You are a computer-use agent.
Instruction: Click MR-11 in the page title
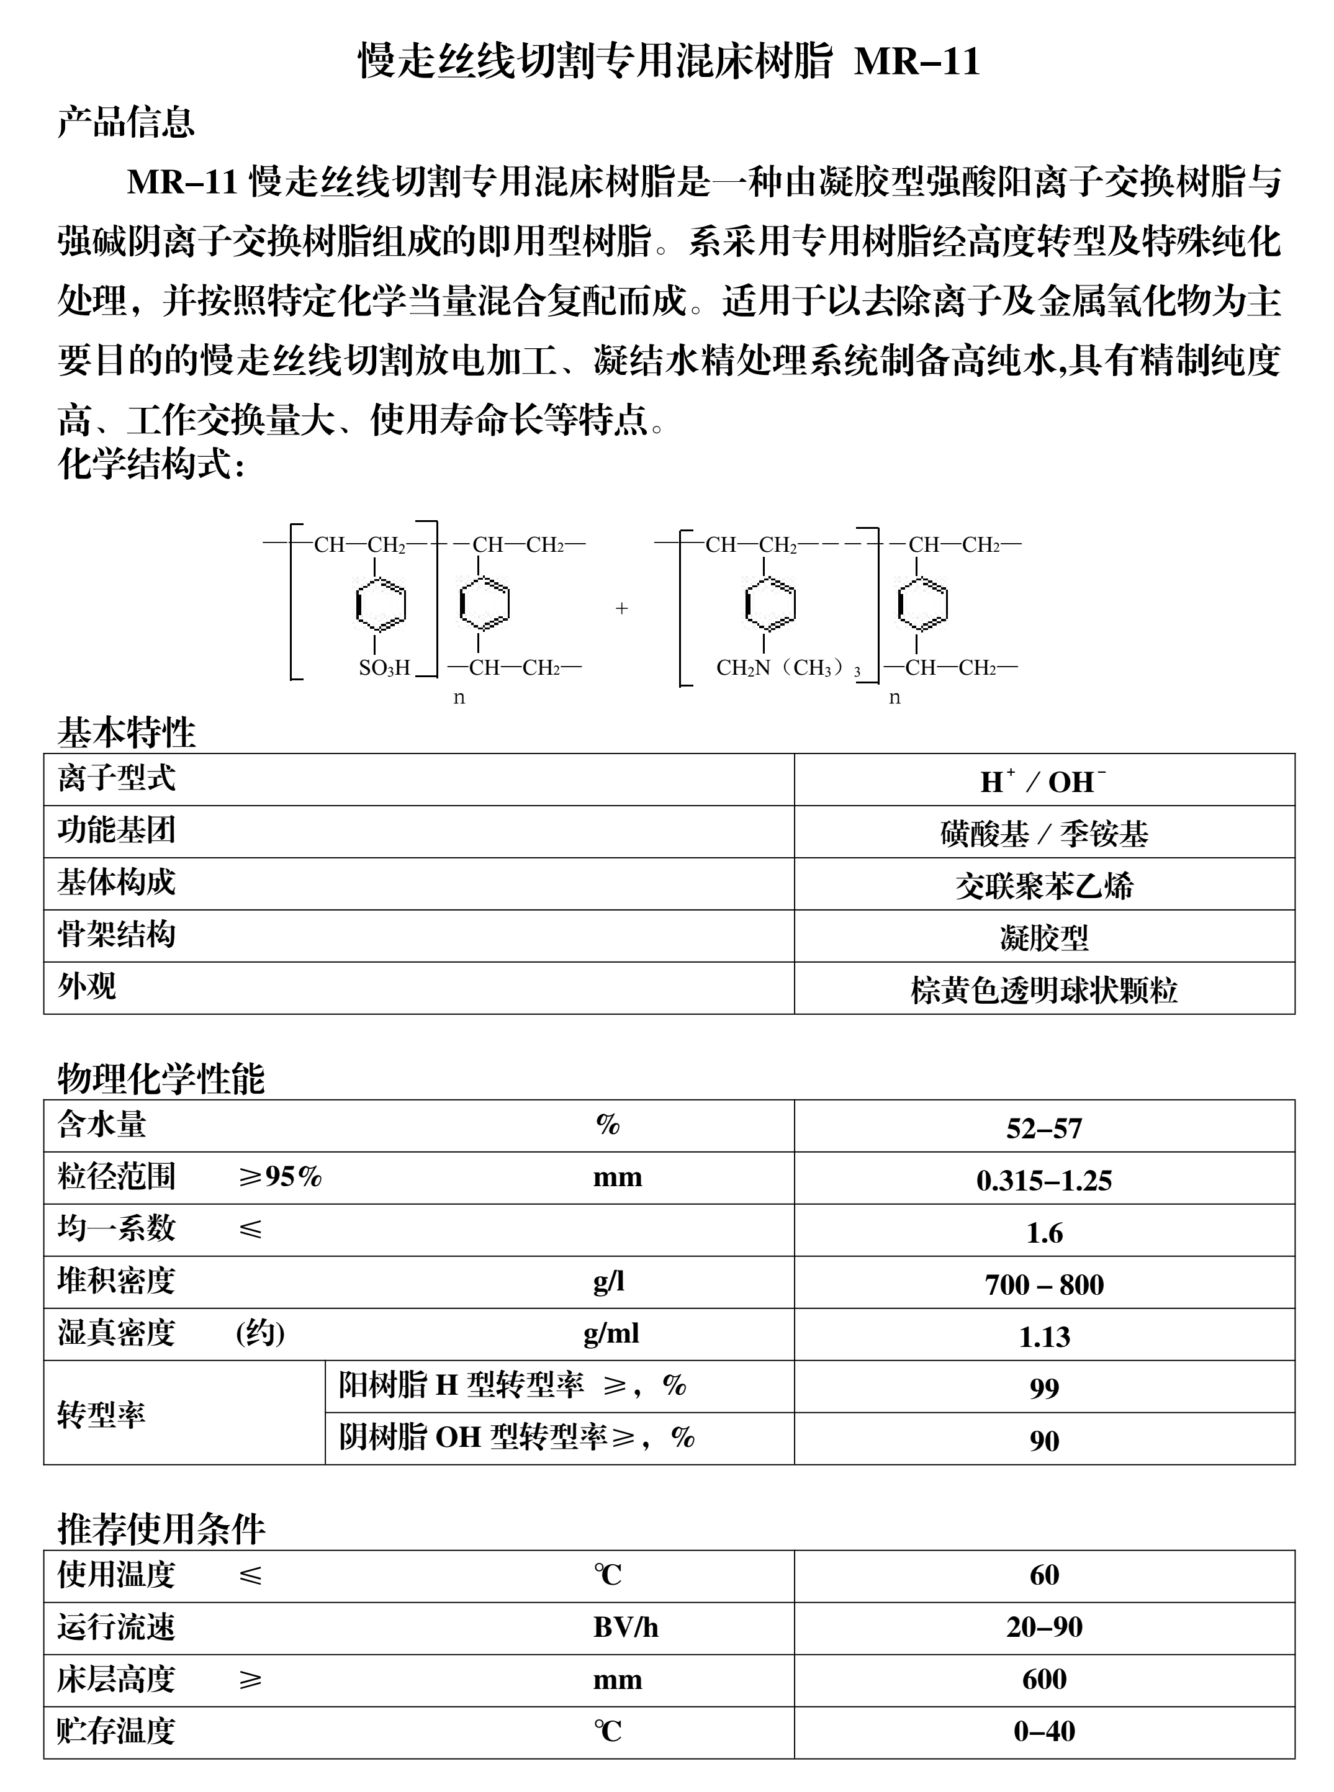[916, 62]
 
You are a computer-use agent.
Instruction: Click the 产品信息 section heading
[126, 123]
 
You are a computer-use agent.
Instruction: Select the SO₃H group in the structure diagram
[384, 668]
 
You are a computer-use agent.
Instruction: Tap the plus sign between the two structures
[621, 608]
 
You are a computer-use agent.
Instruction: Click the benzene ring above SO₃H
[381, 605]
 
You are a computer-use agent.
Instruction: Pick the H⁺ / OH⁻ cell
[1043, 781]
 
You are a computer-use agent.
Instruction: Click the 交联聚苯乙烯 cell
[1043, 886]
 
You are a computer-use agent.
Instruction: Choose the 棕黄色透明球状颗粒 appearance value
[1043, 990]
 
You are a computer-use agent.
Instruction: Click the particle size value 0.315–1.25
[1043, 1181]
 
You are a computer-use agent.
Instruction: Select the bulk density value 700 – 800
[1043, 1285]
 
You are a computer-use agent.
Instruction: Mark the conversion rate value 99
[1043, 1388]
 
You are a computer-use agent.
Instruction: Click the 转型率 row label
[102, 1415]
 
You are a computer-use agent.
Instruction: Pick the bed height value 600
[1043, 1680]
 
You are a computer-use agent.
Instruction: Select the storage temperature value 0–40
[1043, 1731]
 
